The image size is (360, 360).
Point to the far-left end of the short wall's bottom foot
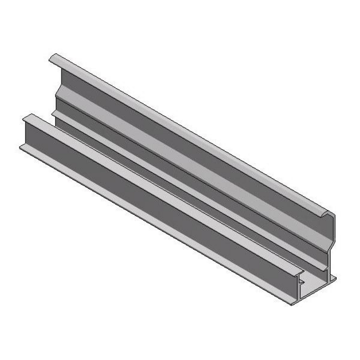tap(22, 146)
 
